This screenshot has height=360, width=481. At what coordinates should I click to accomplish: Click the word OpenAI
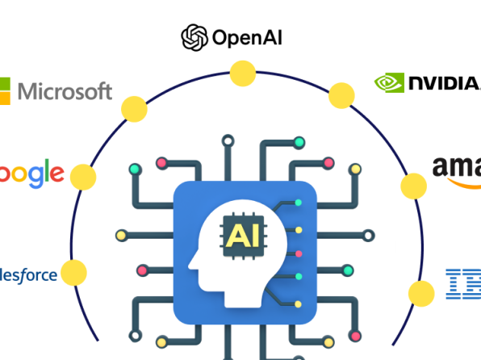pos(247,37)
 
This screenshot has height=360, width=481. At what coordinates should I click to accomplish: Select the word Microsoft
pos(65,91)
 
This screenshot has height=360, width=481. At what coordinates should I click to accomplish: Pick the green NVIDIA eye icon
pos(389,82)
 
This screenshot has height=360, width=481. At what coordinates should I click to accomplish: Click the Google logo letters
pos(32,174)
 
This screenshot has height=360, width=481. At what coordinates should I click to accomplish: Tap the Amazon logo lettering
pos(457,167)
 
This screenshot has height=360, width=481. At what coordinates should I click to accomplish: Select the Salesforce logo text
pos(29,275)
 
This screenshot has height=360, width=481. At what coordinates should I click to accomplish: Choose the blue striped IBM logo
pos(463,284)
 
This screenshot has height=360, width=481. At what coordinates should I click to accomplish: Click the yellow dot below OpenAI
pos(241,74)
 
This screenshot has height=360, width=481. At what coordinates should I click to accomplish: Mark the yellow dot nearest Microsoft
pos(132,107)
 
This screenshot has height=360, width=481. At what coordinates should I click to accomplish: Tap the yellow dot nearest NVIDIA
pos(341,95)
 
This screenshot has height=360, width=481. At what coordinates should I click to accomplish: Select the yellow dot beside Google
pos(83,175)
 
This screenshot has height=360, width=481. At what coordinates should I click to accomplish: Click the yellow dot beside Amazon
pos(414,186)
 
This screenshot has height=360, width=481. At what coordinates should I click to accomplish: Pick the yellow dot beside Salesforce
pos(73,272)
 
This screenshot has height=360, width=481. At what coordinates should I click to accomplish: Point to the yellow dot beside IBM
pos(420,291)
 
